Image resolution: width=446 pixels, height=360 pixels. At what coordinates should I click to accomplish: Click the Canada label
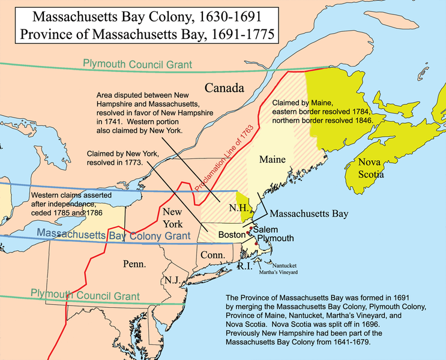pyautogui.click(x=225, y=88)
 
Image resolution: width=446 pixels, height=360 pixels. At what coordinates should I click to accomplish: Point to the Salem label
pyautogui.click(x=265, y=229)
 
